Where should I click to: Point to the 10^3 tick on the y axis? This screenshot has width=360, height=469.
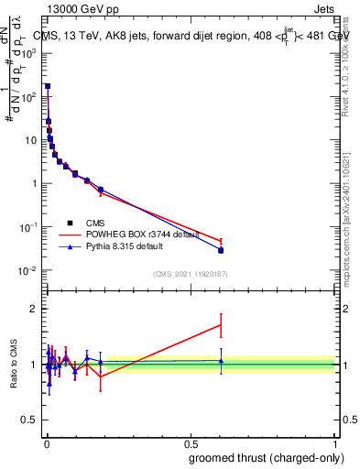tap(30, 52)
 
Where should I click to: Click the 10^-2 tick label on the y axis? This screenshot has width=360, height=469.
tap(30, 270)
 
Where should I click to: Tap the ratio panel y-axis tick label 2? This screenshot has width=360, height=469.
tap(34, 308)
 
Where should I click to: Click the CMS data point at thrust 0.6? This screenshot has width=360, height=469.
tap(221, 250)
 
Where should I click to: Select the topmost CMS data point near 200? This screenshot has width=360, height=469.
tap(48, 86)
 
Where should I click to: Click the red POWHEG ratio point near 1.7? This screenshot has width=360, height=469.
tap(221, 324)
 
